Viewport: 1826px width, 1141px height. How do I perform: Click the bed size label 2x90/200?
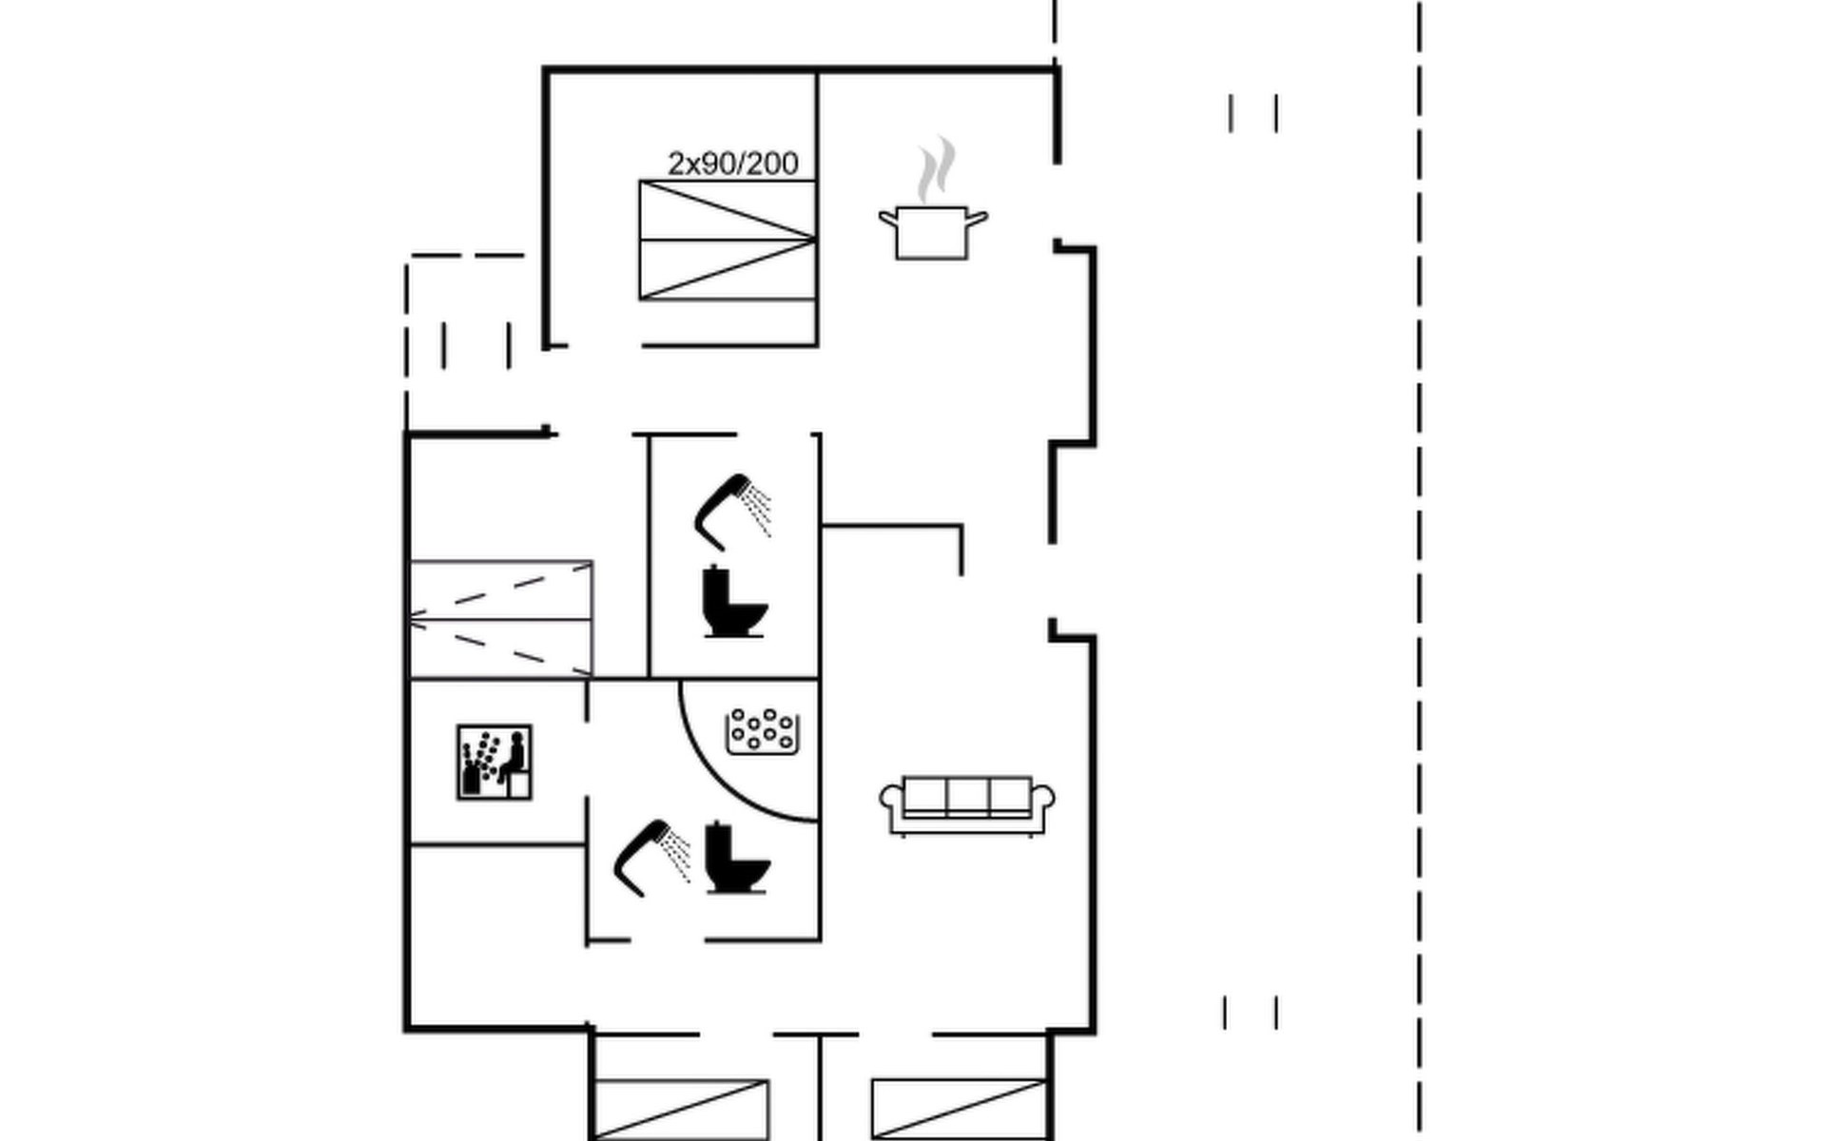(x=732, y=164)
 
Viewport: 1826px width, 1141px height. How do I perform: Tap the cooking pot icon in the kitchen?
(x=933, y=232)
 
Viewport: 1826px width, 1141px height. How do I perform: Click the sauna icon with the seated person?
(x=495, y=763)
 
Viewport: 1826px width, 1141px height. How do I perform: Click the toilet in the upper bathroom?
(x=734, y=601)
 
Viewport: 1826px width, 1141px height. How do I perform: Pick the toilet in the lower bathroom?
(x=737, y=858)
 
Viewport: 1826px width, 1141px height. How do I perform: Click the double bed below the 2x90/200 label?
(x=728, y=241)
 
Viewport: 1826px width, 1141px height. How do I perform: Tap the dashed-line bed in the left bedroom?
(x=501, y=619)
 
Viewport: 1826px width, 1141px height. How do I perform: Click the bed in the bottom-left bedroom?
(x=680, y=1110)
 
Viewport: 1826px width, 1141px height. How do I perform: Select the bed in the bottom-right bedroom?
(x=959, y=1110)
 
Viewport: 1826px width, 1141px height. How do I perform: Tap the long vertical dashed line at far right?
(x=1420, y=570)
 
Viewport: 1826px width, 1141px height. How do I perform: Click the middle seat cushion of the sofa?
(x=967, y=796)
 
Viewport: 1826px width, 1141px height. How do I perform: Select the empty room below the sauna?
(x=496, y=937)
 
